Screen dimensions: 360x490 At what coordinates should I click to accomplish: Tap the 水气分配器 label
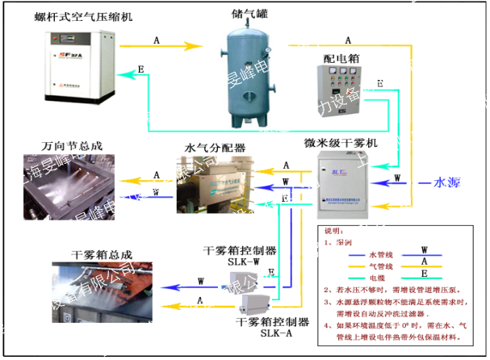[215, 149]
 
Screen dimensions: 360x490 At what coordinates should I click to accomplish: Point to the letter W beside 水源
[397, 178]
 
